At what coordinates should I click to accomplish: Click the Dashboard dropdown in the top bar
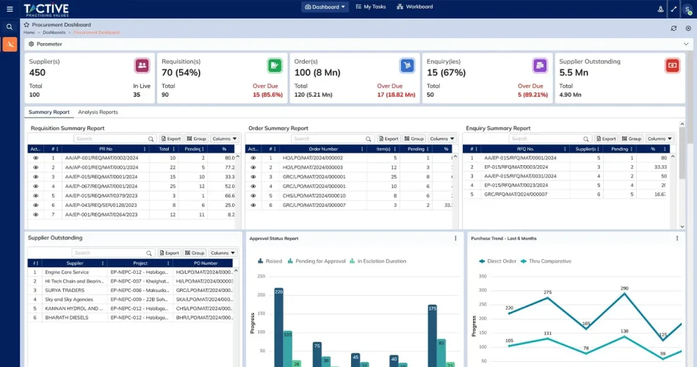click(324, 7)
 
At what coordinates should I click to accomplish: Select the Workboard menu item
click(415, 7)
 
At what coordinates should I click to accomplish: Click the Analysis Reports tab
click(98, 112)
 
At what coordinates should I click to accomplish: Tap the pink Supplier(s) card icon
click(142, 65)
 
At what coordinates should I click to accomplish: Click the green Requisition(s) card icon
click(274, 65)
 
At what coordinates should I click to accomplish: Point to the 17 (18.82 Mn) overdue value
click(396, 95)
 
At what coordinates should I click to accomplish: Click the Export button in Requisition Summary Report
click(170, 139)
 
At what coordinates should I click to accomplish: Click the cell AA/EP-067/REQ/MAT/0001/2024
click(101, 186)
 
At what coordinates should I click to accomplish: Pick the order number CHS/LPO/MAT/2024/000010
click(314, 196)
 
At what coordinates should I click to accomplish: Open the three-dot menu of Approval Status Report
click(455, 239)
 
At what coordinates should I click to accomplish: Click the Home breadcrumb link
click(29, 32)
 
